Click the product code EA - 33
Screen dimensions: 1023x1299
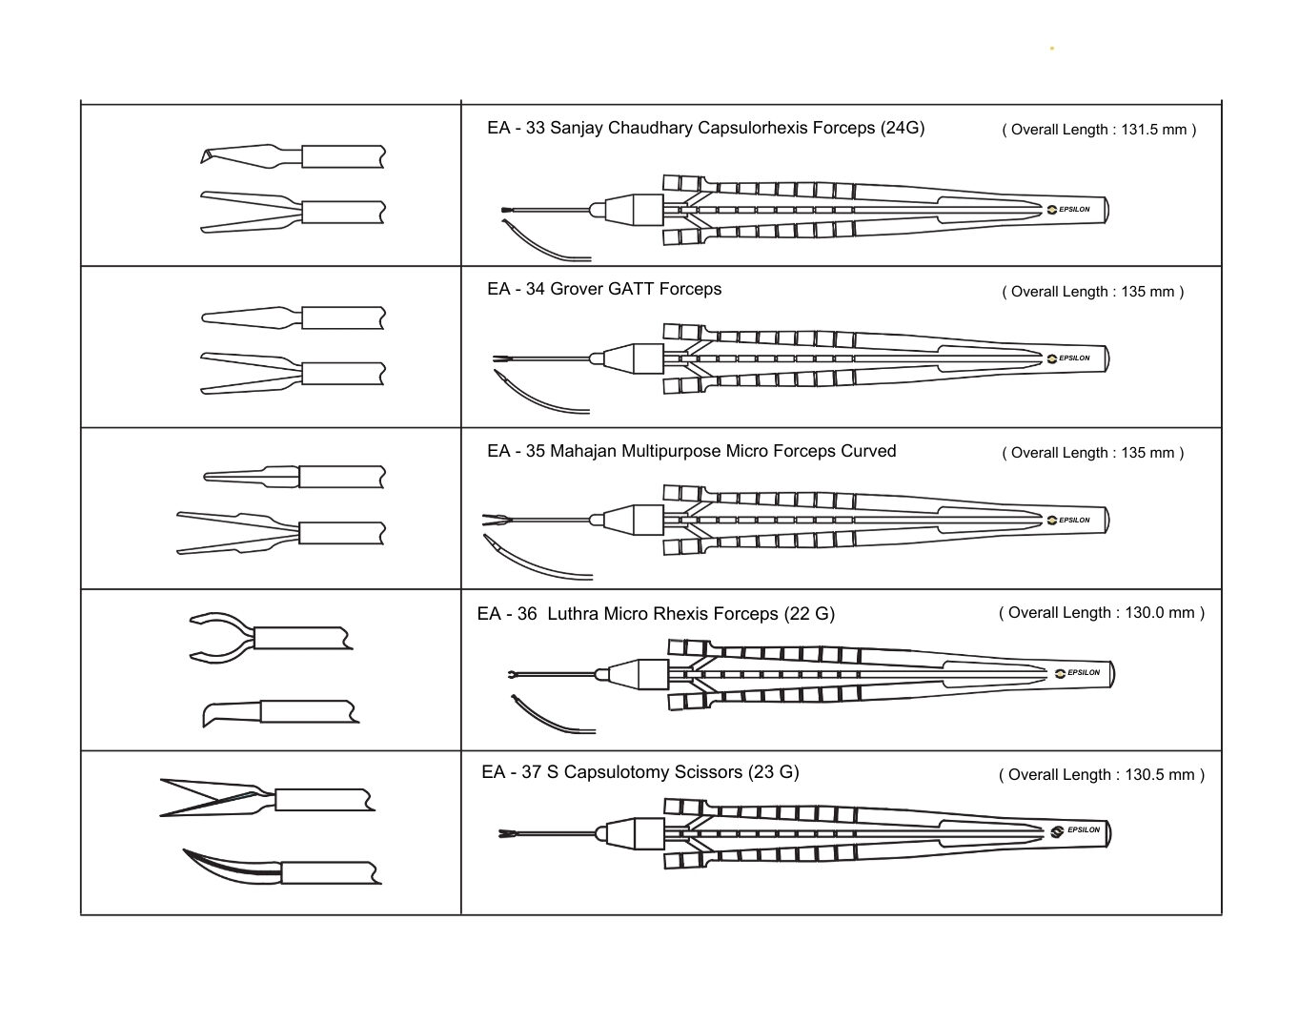click(516, 128)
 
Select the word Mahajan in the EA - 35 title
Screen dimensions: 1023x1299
click(583, 451)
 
